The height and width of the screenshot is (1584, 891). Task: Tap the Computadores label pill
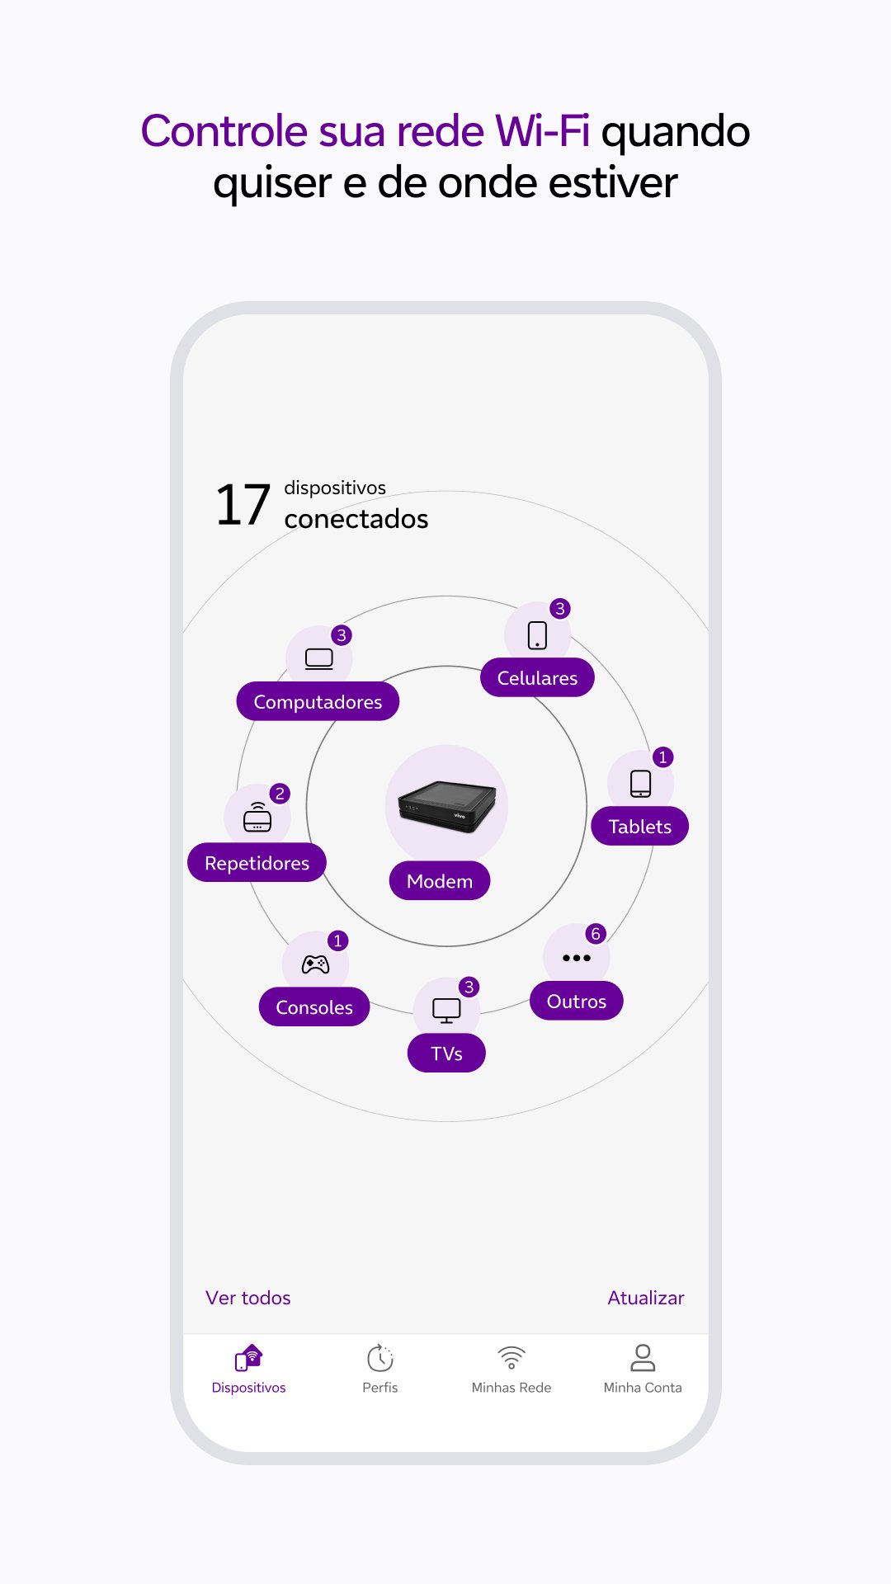(x=318, y=701)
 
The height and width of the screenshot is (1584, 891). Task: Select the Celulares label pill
(x=537, y=677)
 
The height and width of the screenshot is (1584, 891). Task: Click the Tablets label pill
(x=639, y=826)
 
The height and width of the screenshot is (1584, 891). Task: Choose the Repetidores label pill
(x=257, y=863)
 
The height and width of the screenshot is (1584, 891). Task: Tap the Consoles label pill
(x=313, y=1006)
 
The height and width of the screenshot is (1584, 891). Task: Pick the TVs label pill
(x=446, y=1053)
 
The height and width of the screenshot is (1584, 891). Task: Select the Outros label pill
(x=576, y=1001)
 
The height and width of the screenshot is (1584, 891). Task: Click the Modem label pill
(x=440, y=881)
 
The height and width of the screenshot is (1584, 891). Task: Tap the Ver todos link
(x=247, y=1298)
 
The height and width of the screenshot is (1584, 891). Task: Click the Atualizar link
(x=646, y=1298)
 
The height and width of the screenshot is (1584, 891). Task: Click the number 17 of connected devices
(x=243, y=505)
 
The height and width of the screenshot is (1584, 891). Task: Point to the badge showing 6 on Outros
(x=596, y=934)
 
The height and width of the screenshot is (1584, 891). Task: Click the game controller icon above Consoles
(x=315, y=964)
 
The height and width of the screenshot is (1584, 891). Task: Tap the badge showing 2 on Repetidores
(x=280, y=794)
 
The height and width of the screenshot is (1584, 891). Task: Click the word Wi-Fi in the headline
(x=542, y=131)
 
